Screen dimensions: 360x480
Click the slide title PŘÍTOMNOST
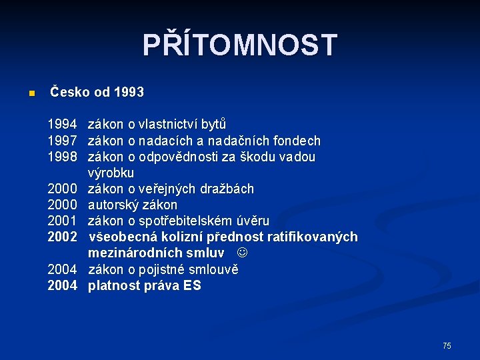(x=240, y=45)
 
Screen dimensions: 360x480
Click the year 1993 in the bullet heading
(x=129, y=92)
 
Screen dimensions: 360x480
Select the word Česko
(x=70, y=92)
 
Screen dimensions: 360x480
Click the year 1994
(x=62, y=125)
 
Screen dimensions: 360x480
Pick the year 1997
(x=62, y=141)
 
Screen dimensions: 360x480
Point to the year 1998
(x=62, y=157)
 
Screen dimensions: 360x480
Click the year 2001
(x=62, y=221)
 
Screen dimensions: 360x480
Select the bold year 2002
(x=62, y=237)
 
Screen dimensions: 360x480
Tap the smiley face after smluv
(x=243, y=253)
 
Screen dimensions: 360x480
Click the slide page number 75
(x=447, y=345)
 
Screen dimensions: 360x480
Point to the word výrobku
(x=111, y=173)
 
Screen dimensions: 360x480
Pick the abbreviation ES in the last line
(x=192, y=286)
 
